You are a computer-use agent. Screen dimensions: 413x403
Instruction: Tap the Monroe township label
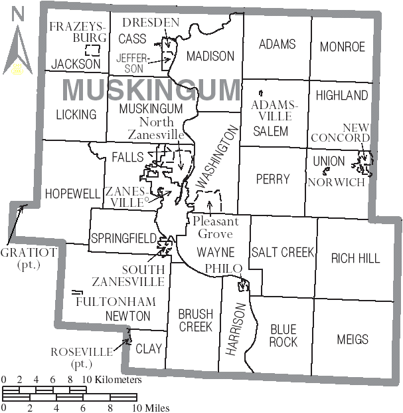343,47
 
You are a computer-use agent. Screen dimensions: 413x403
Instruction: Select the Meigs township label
353,339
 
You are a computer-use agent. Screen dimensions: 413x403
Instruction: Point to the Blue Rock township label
283,335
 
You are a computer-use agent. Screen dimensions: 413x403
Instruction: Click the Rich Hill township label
356,258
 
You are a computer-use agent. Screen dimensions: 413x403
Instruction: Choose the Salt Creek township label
282,252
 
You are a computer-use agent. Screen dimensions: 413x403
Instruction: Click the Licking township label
76,114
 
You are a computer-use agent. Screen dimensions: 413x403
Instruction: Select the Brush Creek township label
195,321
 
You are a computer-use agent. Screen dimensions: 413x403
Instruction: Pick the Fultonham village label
106,301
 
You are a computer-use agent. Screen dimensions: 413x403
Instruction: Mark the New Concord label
356,132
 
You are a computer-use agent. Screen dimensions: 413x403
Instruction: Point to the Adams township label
278,45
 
